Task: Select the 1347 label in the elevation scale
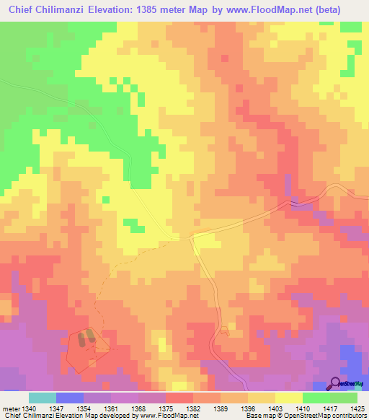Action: pos(62,408)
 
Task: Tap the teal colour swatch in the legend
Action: pos(43,398)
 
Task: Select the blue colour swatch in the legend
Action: pos(70,398)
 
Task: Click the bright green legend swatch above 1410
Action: pos(316,398)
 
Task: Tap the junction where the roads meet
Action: pos(191,236)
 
